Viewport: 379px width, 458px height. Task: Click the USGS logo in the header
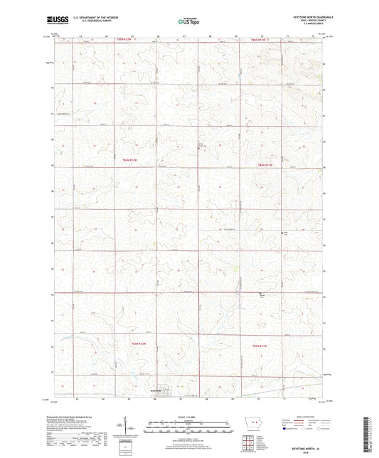(58, 21)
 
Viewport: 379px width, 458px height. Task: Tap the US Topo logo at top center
(188, 23)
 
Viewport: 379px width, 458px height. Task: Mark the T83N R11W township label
(262, 345)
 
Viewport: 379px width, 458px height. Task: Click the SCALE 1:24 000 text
(189, 417)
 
